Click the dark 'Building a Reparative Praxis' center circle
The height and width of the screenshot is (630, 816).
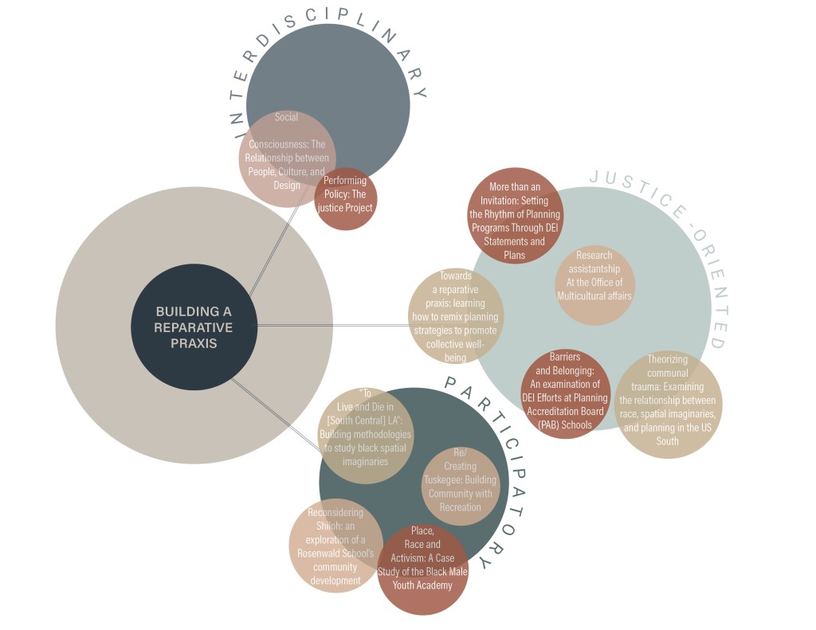[x=194, y=327]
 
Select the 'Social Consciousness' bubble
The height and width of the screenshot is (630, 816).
[x=287, y=158]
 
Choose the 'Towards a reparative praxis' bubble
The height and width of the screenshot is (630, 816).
[x=456, y=315]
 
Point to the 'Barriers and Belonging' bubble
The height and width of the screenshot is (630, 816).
[x=565, y=393]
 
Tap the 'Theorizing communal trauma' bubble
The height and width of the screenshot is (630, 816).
[x=667, y=405]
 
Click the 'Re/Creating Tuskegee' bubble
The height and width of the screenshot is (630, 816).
[x=461, y=486]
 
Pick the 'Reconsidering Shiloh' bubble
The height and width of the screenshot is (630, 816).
[x=335, y=546]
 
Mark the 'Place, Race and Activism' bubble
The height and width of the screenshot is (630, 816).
[x=422, y=569]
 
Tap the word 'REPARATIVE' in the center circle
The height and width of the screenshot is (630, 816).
[x=194, y=327]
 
